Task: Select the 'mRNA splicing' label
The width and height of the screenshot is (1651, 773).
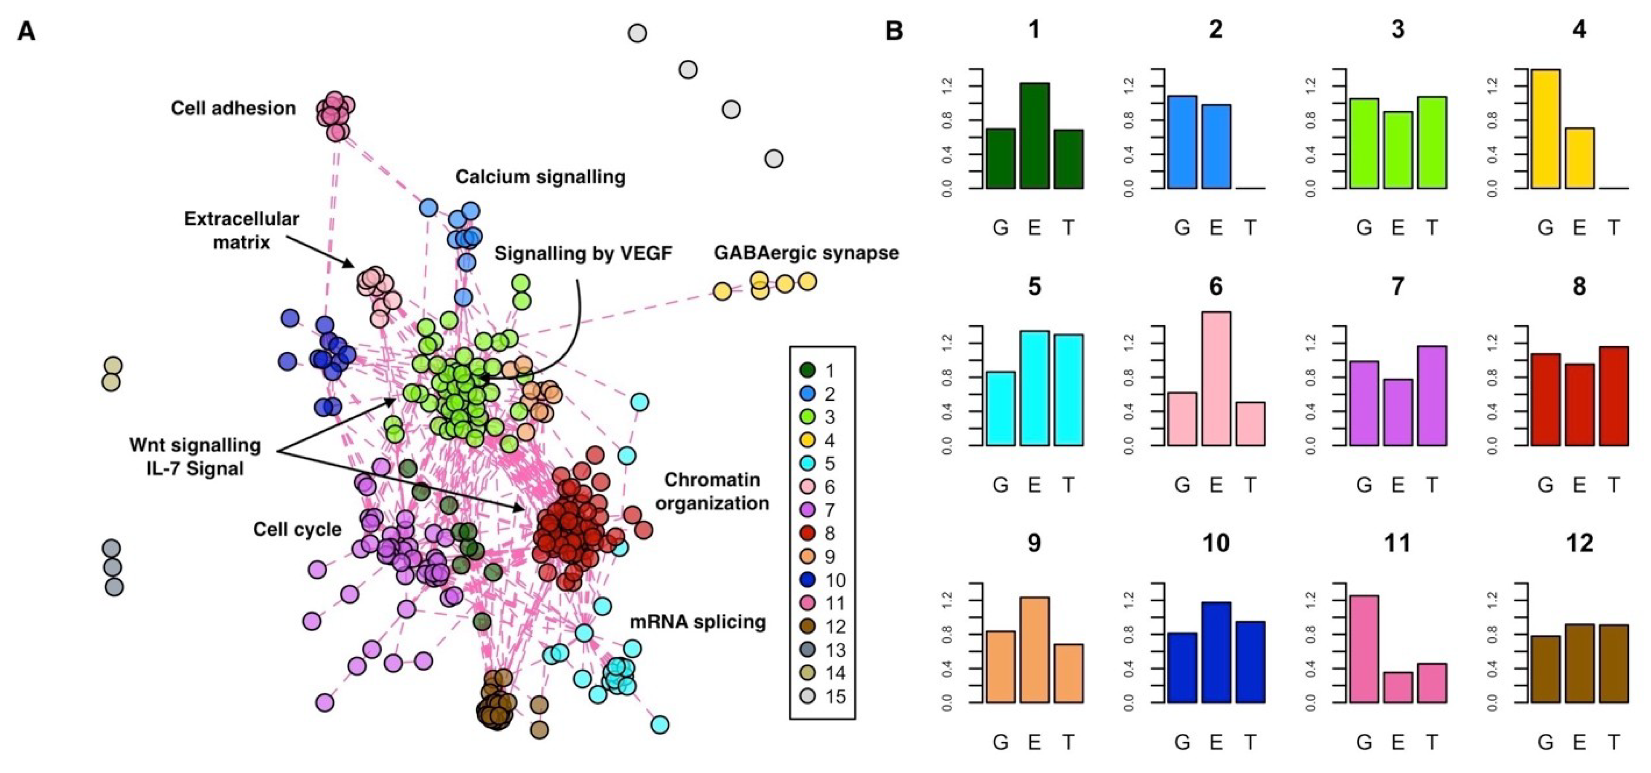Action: (x=697, y=621)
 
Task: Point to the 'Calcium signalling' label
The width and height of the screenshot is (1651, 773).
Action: (x=540, y=177)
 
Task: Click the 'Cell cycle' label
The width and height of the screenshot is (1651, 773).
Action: (x=297, y=529)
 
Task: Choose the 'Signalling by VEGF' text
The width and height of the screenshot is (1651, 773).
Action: (x=583, y=254)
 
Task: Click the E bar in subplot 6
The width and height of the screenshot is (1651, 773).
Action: (x=1216, y=379)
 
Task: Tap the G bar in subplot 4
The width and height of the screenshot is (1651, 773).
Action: (x=1545, y=129)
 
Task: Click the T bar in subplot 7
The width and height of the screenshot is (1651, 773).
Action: (x=1432, y=396)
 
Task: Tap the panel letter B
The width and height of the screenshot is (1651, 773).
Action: (x=894, y=31)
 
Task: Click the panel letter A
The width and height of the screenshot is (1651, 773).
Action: (x=26, y=31)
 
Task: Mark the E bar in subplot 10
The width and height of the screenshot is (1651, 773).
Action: (x=1216, y=652)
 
